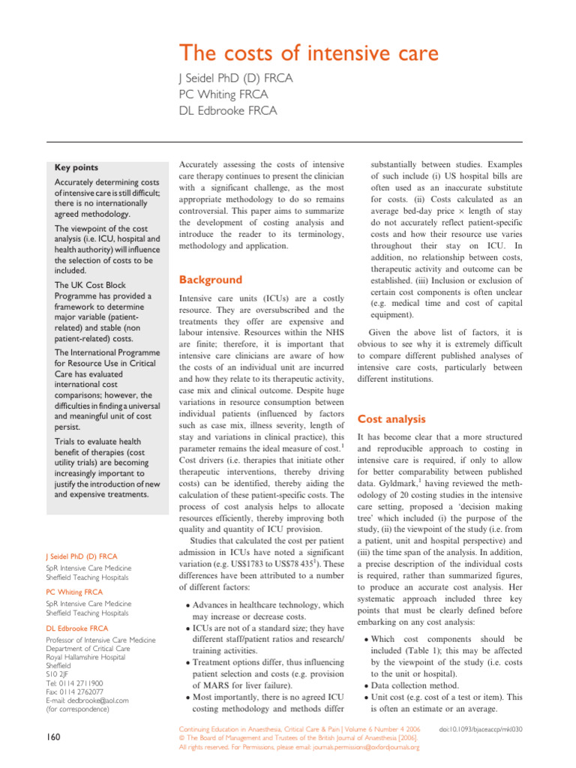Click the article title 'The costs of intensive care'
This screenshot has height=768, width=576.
point(308,54)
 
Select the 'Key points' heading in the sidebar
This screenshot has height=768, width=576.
point(76,167)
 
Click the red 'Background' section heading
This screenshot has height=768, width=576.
point(210,280)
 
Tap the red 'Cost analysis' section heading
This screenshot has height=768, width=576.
point(391,419)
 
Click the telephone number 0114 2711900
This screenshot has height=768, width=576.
point(83,684)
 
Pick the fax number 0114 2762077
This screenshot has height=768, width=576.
point(84,692)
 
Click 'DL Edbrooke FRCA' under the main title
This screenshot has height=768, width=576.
point(227,110)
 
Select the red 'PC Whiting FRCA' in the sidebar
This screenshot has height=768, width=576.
point(78,592)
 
